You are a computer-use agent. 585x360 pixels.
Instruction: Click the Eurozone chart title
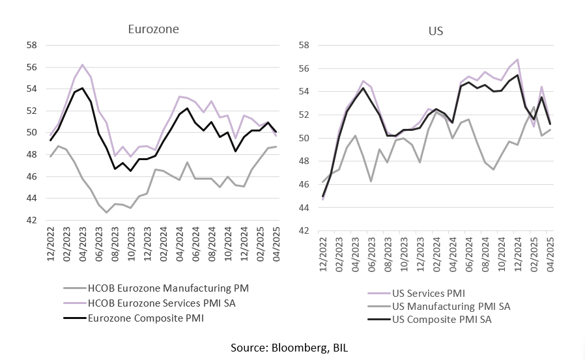coord(153,29)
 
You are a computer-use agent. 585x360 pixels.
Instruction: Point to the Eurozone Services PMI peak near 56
coord(82,64)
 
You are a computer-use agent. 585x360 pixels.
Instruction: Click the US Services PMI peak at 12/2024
coord(517,59)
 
